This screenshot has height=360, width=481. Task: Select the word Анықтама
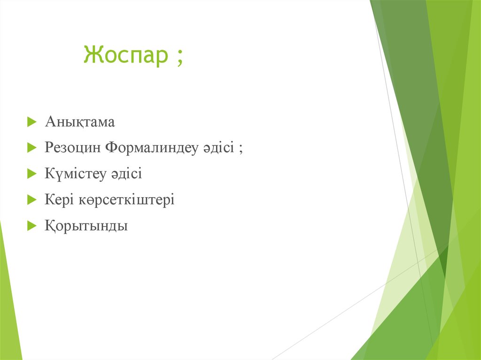pos(80,123)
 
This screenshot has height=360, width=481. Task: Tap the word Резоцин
pos(73,148)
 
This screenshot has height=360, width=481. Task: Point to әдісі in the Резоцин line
pos(218,148)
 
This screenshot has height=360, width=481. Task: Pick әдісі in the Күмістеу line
pos(126,174)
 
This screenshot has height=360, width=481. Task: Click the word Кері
pos(57,200)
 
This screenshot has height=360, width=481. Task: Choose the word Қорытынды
pos(86,226)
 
